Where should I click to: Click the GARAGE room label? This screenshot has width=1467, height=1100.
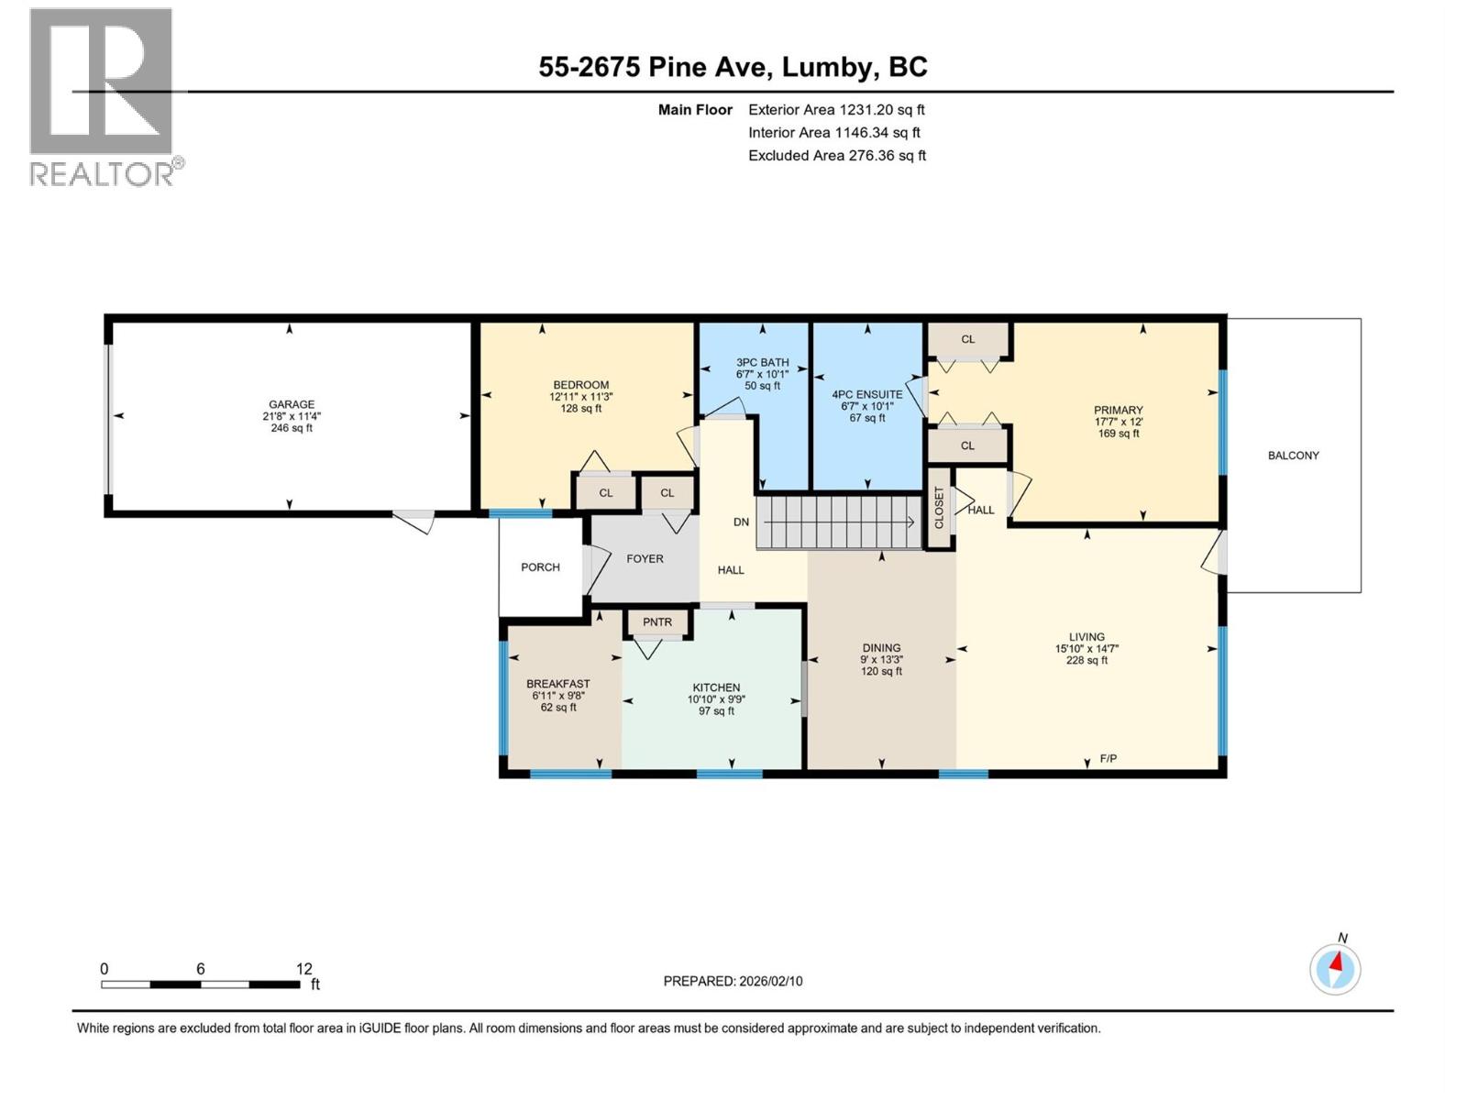[291, 404]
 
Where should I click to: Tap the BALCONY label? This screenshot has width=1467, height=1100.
[1293, 456]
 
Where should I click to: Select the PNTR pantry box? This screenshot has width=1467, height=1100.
[657, 622]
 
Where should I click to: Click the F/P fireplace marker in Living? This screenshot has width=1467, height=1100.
[1108, 759]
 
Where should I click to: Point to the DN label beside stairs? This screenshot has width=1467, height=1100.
[741, 522]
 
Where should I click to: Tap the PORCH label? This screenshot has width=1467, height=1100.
[540, 567]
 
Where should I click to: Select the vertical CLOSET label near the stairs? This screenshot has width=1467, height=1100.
[939, 508]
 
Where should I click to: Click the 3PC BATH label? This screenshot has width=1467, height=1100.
[762, 363]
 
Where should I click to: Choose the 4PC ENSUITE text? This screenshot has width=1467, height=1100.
[867, 395]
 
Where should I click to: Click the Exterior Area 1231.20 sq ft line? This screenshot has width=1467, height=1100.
[836, 110]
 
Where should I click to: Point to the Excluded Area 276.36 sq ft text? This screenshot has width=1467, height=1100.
[836, 156]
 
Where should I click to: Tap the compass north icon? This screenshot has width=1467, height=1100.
[1335, 968]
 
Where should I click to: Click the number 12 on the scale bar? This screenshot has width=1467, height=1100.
[304, 969]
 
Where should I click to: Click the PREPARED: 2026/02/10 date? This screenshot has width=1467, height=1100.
[733, 981]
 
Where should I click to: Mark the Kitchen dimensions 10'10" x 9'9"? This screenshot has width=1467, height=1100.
[716, 699]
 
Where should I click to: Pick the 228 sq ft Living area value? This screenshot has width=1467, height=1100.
[1086, 660]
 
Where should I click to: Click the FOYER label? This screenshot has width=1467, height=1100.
[645, 559]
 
